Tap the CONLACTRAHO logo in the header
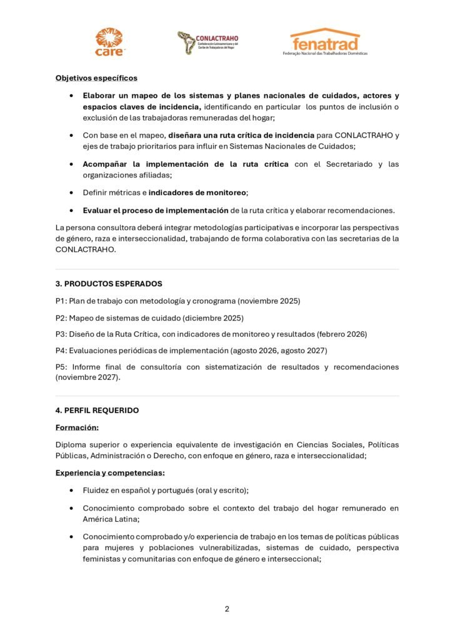(x=207, y=42)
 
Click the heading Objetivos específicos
(x=96, y=78)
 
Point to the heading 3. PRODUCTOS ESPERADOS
(x=109, y=283)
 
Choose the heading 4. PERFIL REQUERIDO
(x=97, y=411)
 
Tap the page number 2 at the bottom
(x=227, y=609)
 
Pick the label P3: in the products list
(x=61, y=334)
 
